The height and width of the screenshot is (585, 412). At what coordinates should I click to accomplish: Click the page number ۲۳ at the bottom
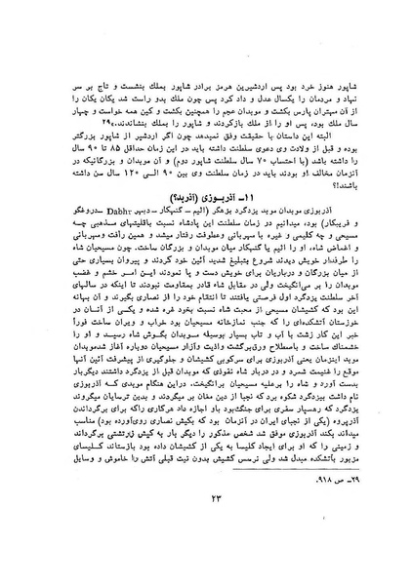point(206,552)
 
